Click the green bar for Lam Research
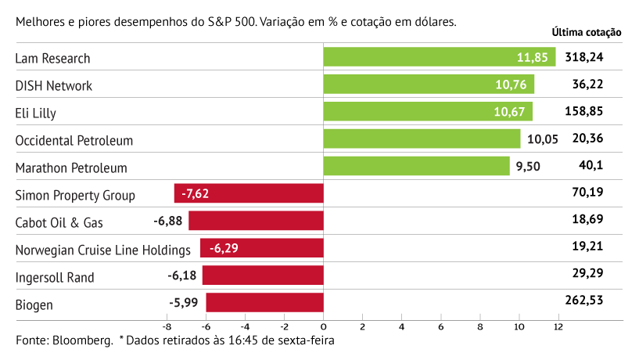point(439,57)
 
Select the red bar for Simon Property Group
point(249,193)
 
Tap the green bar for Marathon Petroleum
point(416,166)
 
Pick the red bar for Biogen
point(264,303)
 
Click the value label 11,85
point(533,57)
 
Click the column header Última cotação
point(586,33)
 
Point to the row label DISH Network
point(54,85)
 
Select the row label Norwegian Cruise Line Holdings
point(103,250)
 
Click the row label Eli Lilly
point(36,113)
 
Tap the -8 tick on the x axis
point(166,326)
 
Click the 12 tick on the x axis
point(558,326)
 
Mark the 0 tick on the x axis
point(323,326)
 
